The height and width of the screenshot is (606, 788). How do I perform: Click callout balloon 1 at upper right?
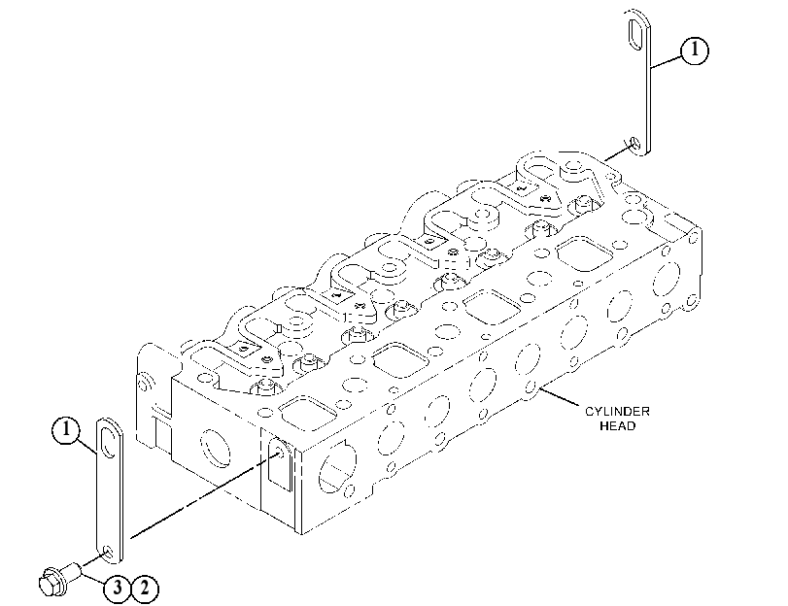click(x=695, y=50)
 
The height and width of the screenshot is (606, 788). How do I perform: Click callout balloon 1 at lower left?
click(x=66, y=430)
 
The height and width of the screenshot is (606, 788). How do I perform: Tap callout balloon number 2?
click(x=145, y=588)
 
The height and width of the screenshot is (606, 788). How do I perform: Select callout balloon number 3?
click(x=118, y=588)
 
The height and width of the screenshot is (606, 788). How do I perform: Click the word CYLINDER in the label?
click(x=617, y=412)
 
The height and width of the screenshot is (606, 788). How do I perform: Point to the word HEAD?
click(x=618, y=426)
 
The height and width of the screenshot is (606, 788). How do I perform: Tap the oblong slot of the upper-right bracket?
click(x=635, y=34)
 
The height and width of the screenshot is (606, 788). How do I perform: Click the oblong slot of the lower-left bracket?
click(x=107, y=442)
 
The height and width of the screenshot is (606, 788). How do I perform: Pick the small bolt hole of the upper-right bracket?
click(x=635, y=143)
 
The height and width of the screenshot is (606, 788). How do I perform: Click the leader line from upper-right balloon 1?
click(x=667, y=62)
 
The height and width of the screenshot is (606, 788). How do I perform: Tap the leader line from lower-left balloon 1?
click(x=88, y=446)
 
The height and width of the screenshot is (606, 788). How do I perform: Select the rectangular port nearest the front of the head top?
click(x=308, y=413)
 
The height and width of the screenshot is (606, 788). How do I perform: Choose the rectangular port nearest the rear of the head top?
click(x=585, y=253)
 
